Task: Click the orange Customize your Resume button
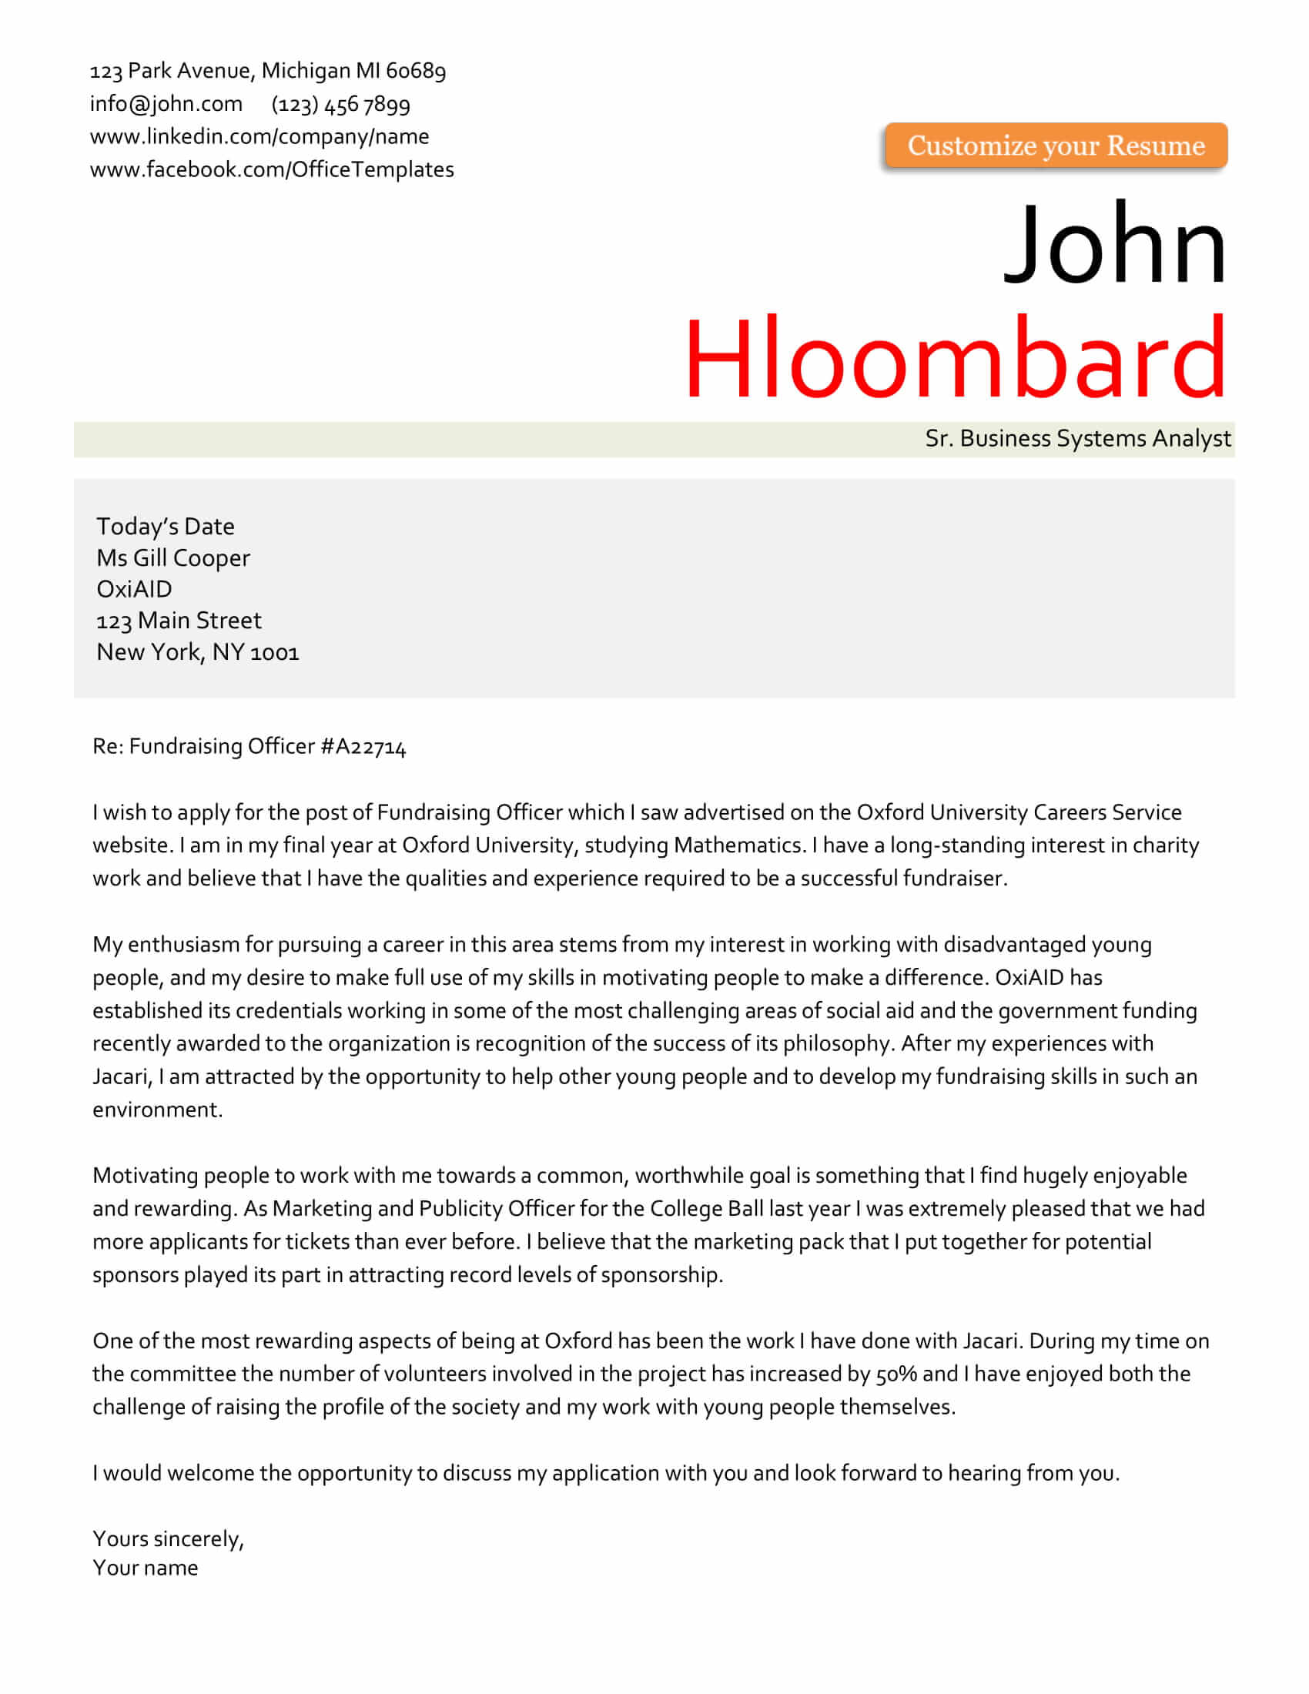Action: pos(1056,145)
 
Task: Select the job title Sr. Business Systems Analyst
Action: pos(1077,438)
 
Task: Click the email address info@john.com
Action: pos(166,103)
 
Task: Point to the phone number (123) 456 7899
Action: pos(340,104)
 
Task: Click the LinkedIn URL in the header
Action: pos(259,136)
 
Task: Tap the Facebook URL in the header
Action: pos(271,169)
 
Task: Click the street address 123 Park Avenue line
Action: pos(267,71)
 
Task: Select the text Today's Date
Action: pos(166,526)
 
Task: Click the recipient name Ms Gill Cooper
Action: pos(173,557)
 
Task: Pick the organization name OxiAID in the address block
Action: pos(134,589)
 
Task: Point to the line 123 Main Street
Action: pos(179,621)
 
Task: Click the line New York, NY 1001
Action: pos(198,651)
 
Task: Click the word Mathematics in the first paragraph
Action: pos(737,845)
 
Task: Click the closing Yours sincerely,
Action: pos(169,1538)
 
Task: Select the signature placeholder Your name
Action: pos(145,1568)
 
